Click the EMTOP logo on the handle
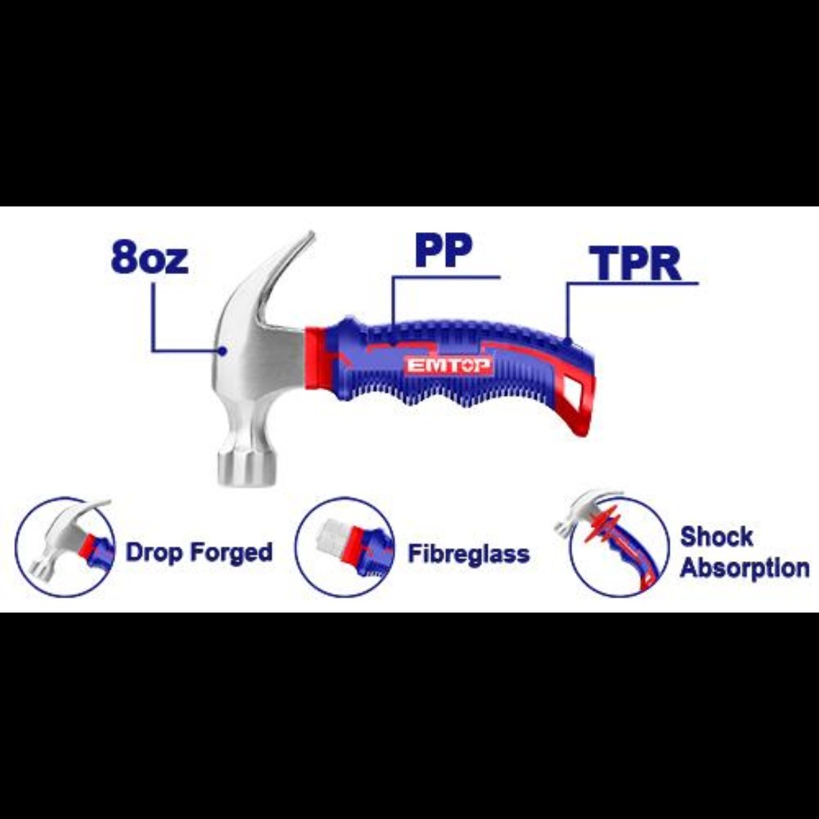(x=449, y=366)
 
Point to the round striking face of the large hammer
(x=247, y=469)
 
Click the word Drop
(x=154, y=552)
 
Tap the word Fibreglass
(x=469, y=554)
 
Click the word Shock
(x=716, y=536)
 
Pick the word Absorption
(x=745, y=568)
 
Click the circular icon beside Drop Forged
(x=66, y=547)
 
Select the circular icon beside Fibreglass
(x=345, y=547)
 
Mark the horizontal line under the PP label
(x=446, y=278)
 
